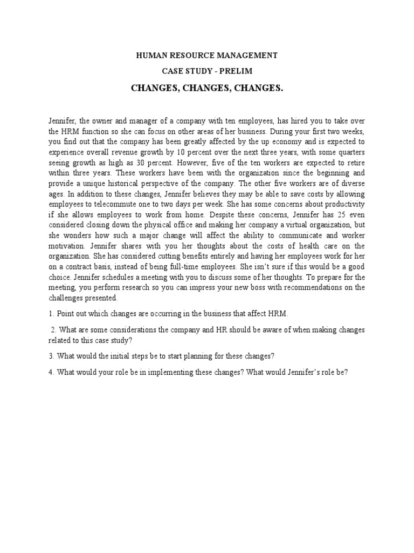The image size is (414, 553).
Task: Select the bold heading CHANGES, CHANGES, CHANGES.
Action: [x=207, y=88]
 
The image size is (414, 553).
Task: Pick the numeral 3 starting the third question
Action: [x=50, y=355]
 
